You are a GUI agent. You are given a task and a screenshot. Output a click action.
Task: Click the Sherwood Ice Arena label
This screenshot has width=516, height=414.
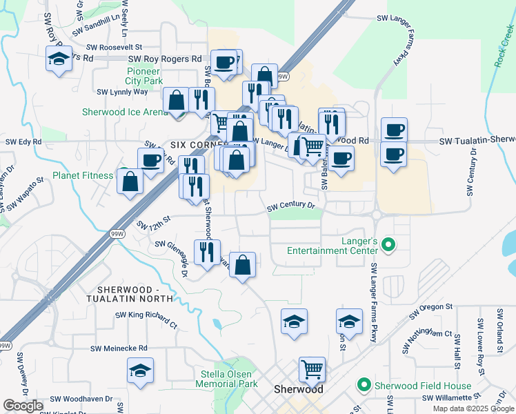coord(125,112)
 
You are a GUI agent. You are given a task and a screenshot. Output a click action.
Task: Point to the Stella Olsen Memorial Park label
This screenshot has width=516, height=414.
coord(228,379)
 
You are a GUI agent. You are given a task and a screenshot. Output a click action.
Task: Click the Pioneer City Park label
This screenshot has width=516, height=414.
coord(143,76)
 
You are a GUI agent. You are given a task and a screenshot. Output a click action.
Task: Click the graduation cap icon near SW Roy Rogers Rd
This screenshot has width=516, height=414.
coord(58,59)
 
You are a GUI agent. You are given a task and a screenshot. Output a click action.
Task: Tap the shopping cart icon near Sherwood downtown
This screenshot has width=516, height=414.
coord(312,369)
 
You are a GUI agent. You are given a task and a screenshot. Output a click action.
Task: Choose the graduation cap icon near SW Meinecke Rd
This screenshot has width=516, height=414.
coord(140,370)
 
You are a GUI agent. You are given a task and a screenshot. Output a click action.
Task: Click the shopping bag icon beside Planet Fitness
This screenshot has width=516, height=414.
coord(130,181)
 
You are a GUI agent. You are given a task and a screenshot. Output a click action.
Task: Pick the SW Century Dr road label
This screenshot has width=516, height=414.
coord(290,206)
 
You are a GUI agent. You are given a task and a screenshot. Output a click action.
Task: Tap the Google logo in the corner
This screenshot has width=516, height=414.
coord(23,406)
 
